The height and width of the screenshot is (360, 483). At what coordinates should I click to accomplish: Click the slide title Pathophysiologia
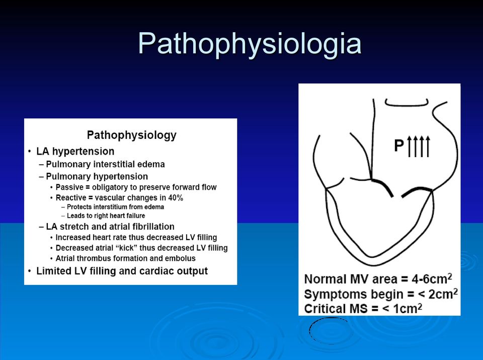[250, 44]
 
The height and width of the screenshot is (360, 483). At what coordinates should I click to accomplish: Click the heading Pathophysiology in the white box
[131, 135]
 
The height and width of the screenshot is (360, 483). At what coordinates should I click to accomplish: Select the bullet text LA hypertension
[75, 152]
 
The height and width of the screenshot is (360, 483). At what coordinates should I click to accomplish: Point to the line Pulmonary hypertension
[97, 177]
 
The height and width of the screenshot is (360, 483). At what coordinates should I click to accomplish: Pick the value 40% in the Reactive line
[176, 197]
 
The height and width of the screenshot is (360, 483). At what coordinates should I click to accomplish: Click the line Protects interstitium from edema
[115, 207]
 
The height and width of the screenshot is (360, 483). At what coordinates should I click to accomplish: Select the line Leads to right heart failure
[106, 216]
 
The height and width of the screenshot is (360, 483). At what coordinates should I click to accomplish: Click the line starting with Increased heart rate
[136, 238]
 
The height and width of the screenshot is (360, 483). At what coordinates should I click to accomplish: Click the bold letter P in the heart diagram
[399, 146]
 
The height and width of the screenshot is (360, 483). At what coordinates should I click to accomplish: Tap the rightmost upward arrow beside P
[428, 146]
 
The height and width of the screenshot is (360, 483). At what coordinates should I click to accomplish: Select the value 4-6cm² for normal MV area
[432, 278]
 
